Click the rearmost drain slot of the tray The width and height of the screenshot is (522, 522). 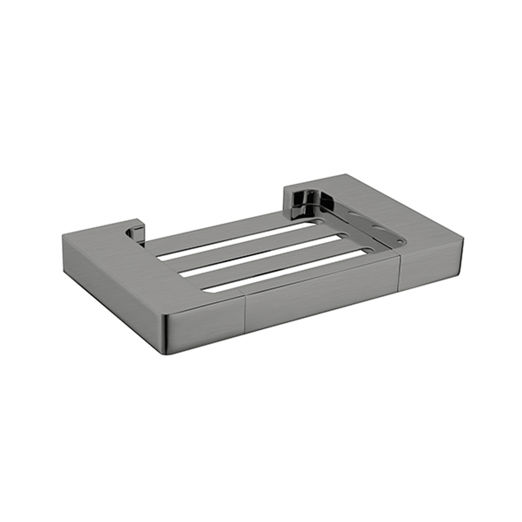pos(237,241)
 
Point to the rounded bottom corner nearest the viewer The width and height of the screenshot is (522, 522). pos(167,350)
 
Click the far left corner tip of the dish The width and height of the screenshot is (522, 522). pos(63,235)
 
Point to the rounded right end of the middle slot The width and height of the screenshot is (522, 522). pos(343,236)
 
